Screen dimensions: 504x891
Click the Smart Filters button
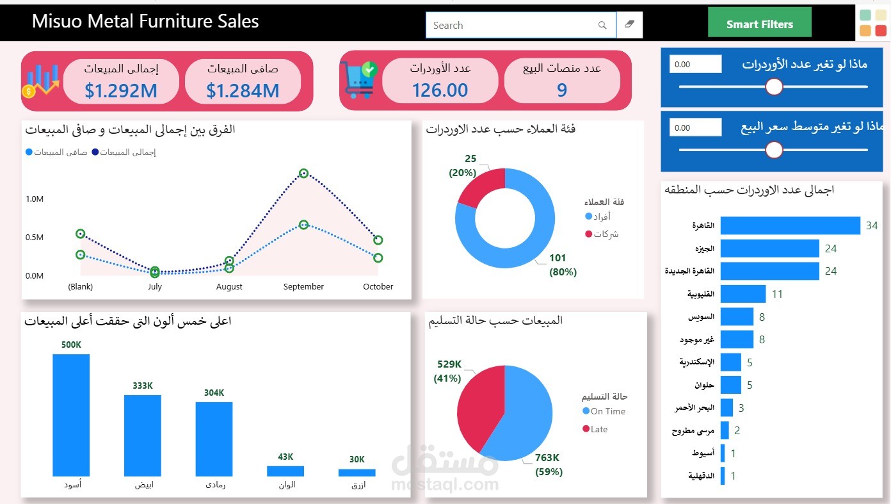coord(759,23)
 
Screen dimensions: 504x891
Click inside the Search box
coord(512,26)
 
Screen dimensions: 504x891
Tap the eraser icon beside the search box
coord(629,25)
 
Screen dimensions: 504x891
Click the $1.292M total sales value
coord(121,91)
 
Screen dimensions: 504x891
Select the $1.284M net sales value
coord(243,91)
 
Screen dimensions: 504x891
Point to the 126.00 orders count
coord(440,90)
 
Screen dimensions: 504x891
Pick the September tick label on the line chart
coord(303,287)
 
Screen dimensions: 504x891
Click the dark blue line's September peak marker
coord(303,173)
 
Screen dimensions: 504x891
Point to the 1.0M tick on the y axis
coord(35,199)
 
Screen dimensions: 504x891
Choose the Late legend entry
coord(599,429)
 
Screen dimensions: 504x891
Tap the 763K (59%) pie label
coord(548,465)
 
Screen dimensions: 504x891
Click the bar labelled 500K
coord(71,415)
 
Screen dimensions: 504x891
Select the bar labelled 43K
coord(285,471)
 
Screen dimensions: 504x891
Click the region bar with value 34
coord(790,225)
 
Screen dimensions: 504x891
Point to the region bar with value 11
coord(743,294)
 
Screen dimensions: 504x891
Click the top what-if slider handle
coord(775,86)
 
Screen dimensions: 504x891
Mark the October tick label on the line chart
coord(378,287)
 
